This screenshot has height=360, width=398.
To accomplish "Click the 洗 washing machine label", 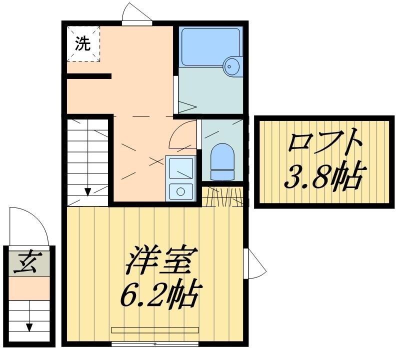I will coord(83,43).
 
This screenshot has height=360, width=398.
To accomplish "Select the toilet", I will coord(222,161).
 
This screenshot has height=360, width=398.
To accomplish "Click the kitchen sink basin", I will coord(180,168).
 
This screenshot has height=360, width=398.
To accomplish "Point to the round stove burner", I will coord(180,190).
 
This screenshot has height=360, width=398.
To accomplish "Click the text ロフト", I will coord(324,142).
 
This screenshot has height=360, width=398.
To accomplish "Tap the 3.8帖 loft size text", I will coord(323,176).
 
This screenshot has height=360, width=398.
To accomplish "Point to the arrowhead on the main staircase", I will coord(87,191).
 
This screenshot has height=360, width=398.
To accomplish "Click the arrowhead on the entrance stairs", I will coord(29,327).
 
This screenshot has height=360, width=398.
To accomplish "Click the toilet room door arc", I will coord(183,134).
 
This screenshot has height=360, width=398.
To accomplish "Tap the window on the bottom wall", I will coord(155,344).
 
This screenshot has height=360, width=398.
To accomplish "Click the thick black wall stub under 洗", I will coord(88,76).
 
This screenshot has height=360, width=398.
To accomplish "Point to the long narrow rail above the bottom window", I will coord(155,330).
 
